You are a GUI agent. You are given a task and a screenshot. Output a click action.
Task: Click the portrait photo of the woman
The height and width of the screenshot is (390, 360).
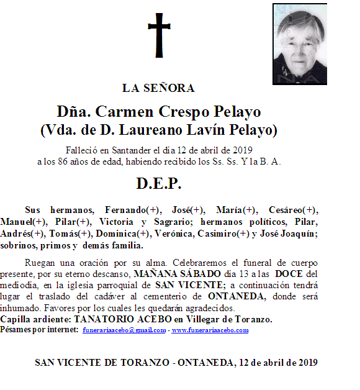[300, 44]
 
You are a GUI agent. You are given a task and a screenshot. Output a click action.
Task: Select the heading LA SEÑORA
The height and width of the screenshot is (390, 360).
[158, 88]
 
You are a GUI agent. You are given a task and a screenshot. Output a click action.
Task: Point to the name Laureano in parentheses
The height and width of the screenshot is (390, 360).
[144, 130]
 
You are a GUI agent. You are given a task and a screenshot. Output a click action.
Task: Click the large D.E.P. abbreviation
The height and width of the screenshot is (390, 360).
[158, 184]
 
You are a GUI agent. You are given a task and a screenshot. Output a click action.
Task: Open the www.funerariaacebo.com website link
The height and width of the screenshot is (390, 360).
[210, 330]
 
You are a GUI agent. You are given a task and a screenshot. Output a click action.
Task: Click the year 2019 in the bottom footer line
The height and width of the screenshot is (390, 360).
[306, 362]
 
